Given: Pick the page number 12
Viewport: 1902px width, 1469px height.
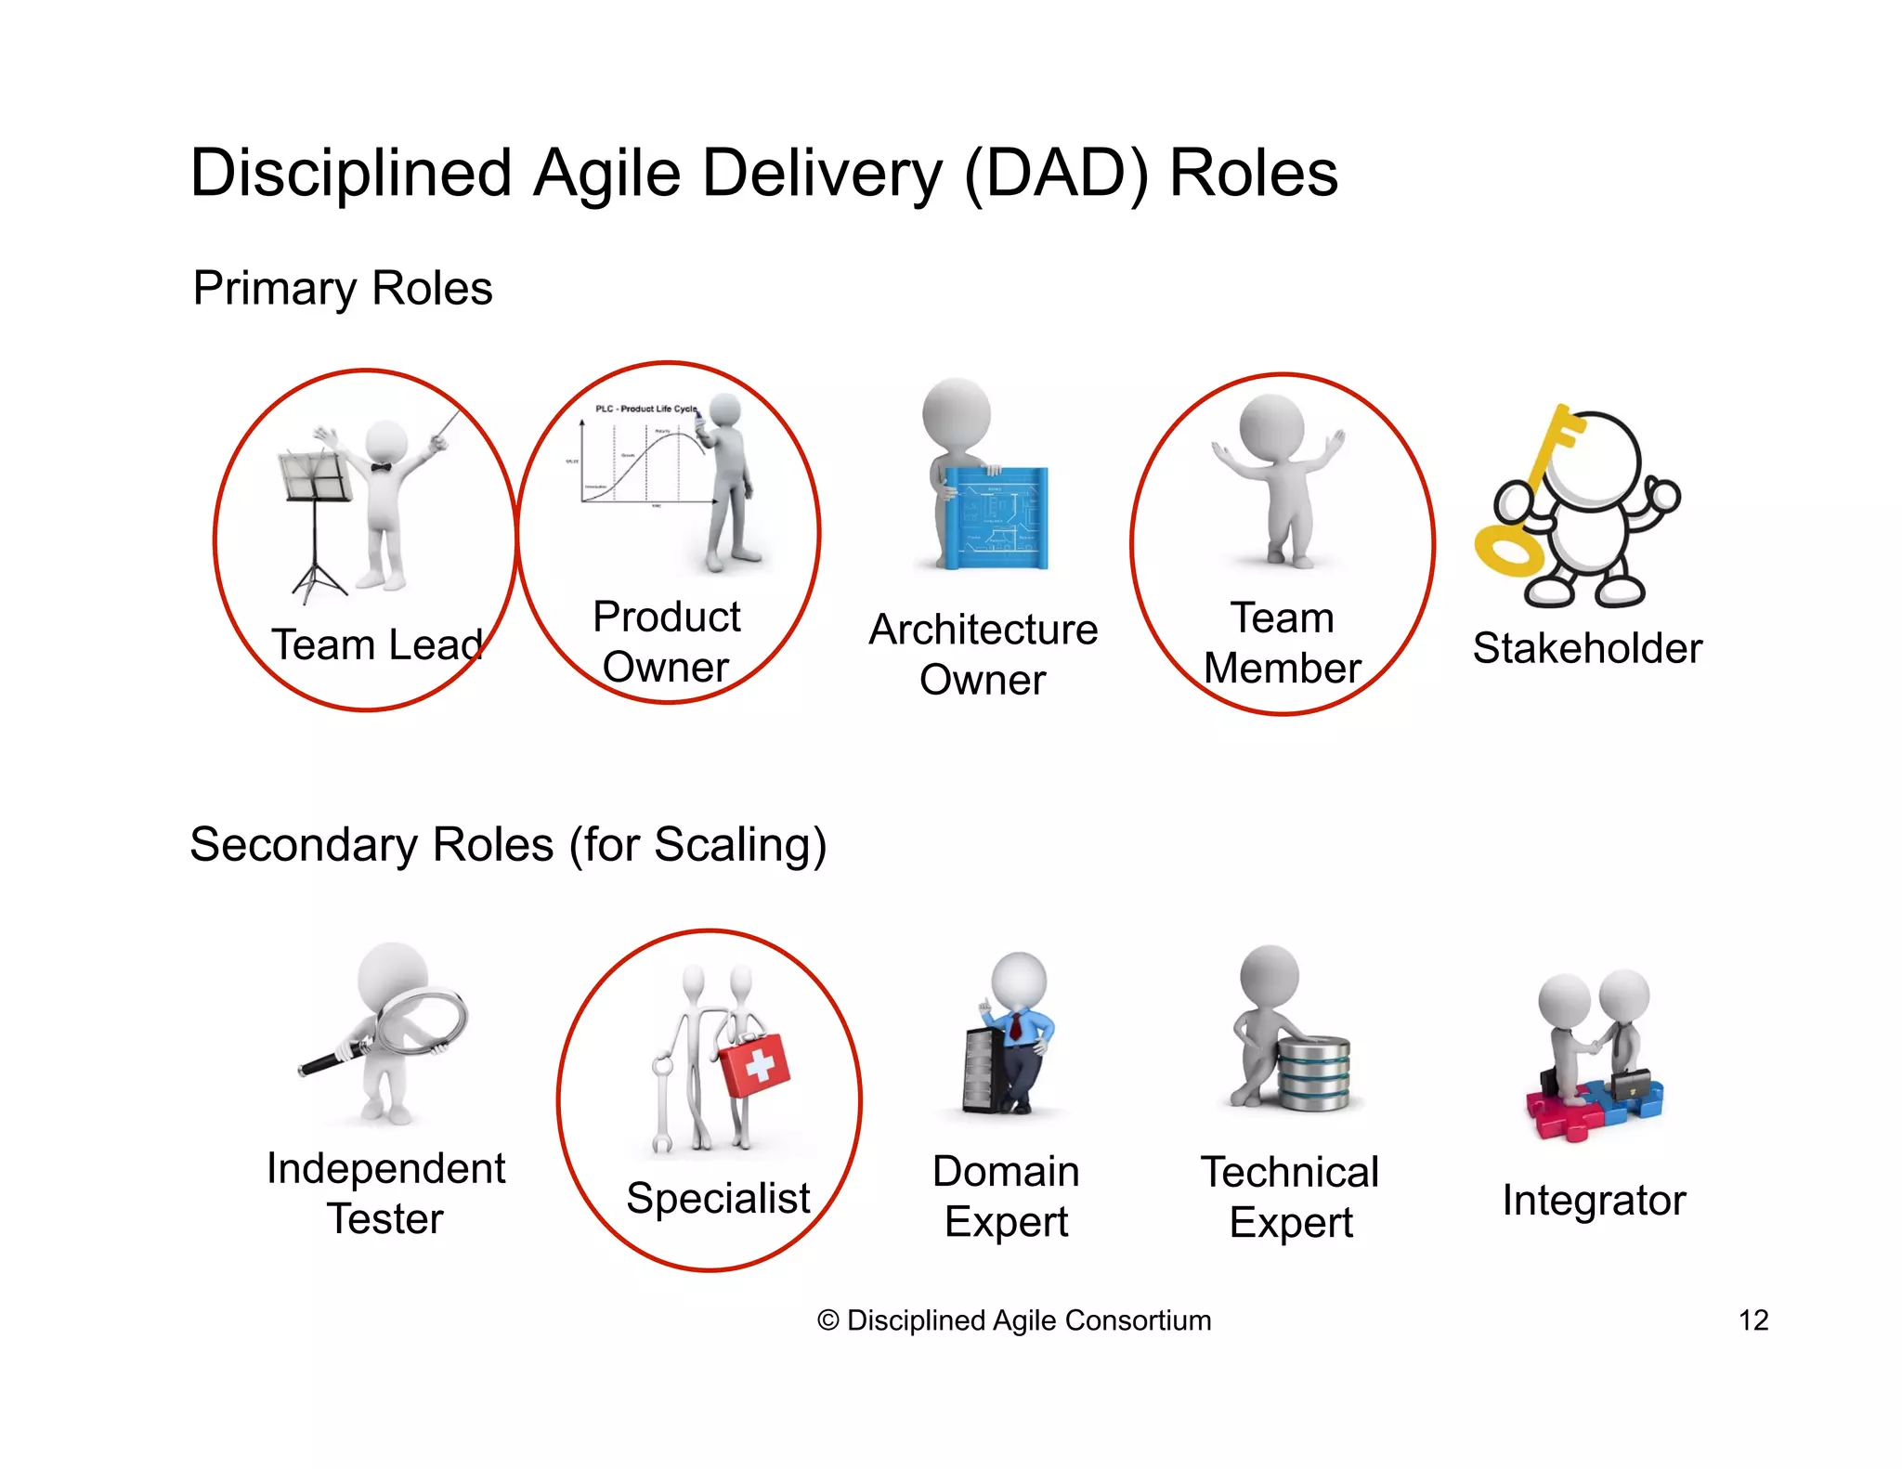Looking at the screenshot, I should [x=1752, y=1319].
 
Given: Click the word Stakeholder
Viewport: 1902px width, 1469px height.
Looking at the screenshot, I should [x=1586, y=648].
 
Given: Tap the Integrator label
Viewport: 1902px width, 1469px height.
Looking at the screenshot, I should [x=1594, y=1200].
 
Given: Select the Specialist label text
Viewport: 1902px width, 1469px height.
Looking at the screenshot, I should [x=718, y=1198].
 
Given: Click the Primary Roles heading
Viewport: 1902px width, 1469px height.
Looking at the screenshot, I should [x=342, y=288].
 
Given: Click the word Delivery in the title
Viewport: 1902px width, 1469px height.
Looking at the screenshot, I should [x=822, y=174].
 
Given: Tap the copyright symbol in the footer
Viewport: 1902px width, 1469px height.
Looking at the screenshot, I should [x=827, y=1320].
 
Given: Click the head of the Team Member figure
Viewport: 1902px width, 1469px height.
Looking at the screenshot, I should [x=1271, y=426].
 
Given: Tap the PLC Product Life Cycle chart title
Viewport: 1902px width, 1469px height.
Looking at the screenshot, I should [x=645, y=409].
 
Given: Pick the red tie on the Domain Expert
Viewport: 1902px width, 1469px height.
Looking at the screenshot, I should [x=1016, y=1026].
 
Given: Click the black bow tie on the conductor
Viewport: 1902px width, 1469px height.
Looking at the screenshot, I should [x=381, y=467].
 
